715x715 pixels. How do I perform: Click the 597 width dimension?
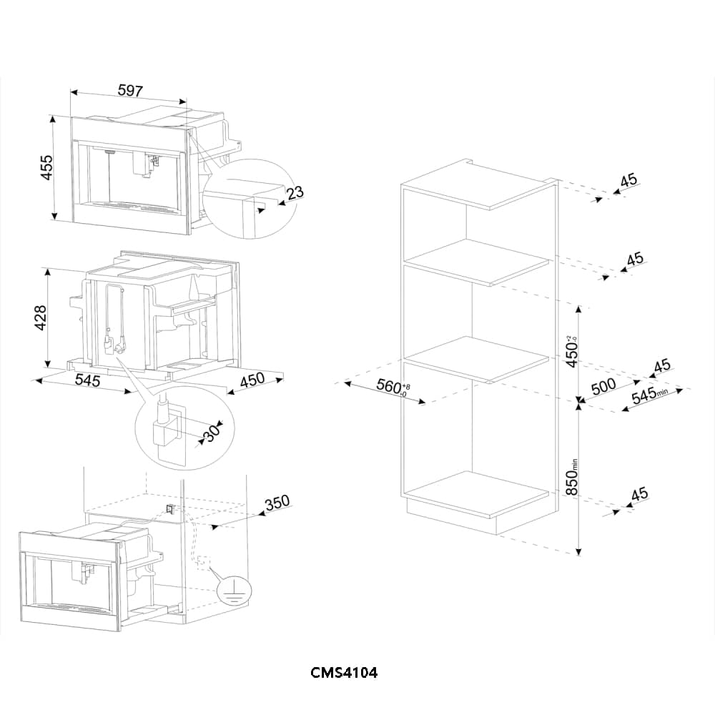(131, 92)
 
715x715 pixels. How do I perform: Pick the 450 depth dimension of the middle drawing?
(252, 380)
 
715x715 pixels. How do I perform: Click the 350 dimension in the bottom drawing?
(277, 502)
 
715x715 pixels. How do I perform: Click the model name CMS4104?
(344, 673)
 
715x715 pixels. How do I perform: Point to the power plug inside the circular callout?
(162, 429)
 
